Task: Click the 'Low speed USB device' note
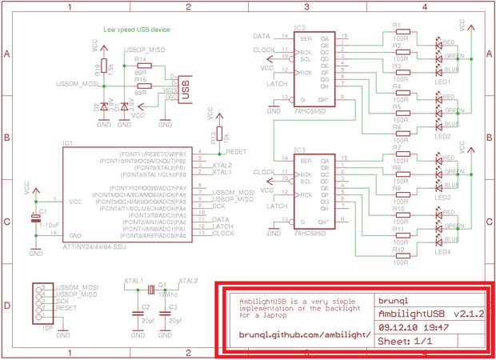tap(136, 30)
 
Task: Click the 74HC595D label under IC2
tap(310, 114)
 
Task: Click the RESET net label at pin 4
tap(238, 150)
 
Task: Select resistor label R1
tap(397, 26)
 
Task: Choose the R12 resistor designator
tap(398, 250)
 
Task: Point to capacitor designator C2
tap(145, 306)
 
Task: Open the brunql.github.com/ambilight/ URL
tap(305, 335)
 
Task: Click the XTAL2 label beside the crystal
tap(189, 282)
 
